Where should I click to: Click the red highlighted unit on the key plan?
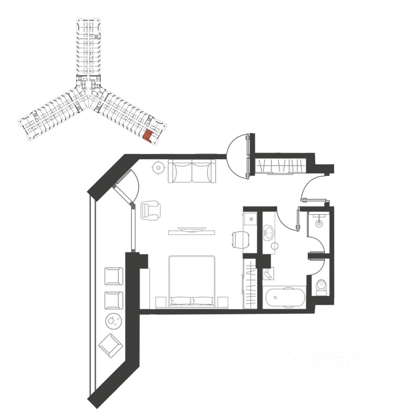coord(148,135)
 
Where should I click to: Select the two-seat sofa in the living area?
coord(192,171)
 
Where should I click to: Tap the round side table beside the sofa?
coord(159,167)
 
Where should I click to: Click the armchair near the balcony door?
coord(150,210)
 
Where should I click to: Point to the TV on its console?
coord(191,230)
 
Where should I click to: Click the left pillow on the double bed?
coord(181,300)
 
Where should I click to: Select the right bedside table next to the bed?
coord(223,302)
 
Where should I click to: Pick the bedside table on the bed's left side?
coord(160,302)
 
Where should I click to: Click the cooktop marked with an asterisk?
coord(250,219)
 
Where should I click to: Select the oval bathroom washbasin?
coord(268,232)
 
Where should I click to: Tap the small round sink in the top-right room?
coord(319,223)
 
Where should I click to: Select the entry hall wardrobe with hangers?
coord(281,166)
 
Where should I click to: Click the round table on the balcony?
coord(113,320)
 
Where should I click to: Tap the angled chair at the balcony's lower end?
coord(111,345)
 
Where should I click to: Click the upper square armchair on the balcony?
coord(114,276)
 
